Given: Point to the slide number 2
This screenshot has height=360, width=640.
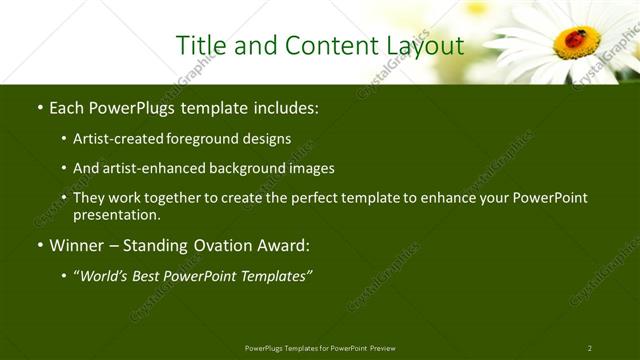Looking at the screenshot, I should (x=590, y=348).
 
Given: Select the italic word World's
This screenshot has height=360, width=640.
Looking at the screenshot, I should (x=106, y=276).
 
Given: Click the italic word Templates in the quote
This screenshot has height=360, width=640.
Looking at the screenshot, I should (x=271, y=276).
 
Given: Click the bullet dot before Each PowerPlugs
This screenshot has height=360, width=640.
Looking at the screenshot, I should (x=39, y=107).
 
